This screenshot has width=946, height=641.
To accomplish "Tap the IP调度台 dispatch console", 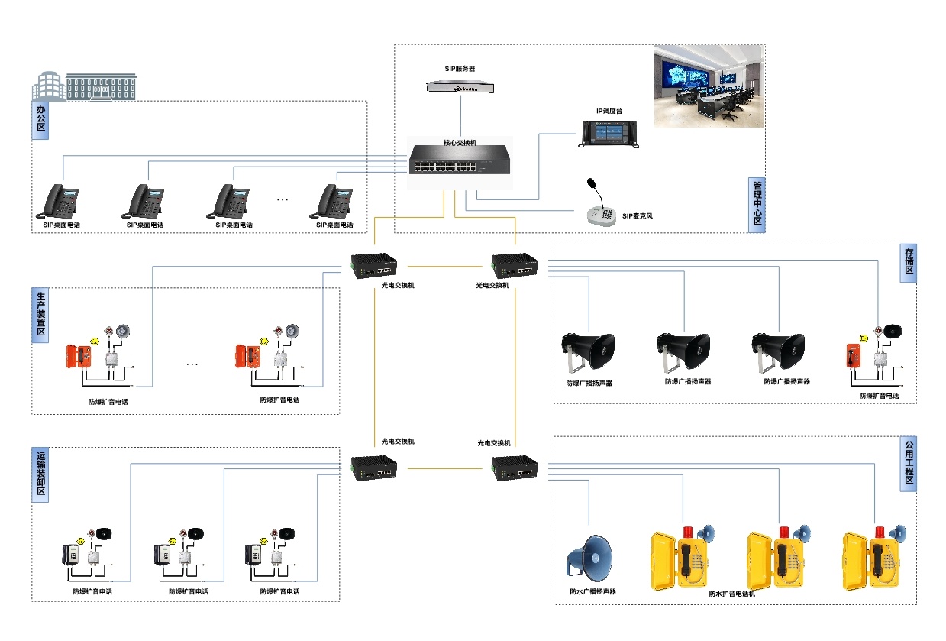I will pyautogui.click(x=609, y=133).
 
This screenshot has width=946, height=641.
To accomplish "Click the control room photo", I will pyautogui.click(x=709, y=86).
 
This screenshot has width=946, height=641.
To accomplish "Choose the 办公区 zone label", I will pyautogui.click(x=40, y=120).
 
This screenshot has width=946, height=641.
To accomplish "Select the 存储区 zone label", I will pyautogui.click(x=909, y=264).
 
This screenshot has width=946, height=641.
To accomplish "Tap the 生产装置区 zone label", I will pyautogui.click(x=40, y=312).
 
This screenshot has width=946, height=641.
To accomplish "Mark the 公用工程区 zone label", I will pyautogui.click(x=909, y=464).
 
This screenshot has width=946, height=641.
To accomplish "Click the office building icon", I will pyautogui.click(x=84, y=86).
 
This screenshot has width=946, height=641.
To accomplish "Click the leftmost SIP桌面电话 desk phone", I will pyautogui.click(x=60, y=202).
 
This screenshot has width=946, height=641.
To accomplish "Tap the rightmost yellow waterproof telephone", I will pyautogui.click(x=870, y=560).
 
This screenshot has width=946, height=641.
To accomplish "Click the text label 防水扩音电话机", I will pyautogui.click(x=731, y=594).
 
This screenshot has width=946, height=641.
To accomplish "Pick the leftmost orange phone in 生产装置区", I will pyautogui.click(x=79, y=356).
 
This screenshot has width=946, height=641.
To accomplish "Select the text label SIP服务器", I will pyautogui.click(x=460, y=69).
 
